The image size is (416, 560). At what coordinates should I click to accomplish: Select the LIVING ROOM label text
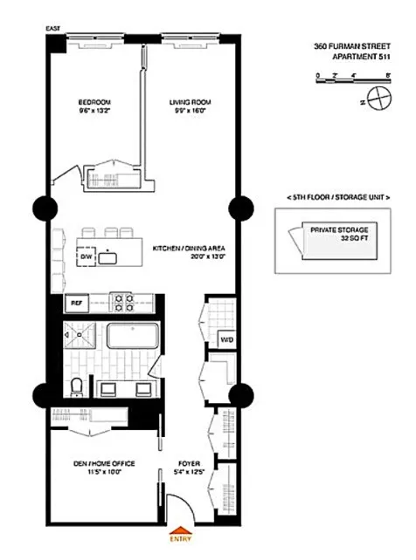click(190, 106)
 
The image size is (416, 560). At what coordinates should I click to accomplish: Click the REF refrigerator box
click(77, 304)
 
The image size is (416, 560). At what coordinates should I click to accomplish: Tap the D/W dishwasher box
click(87, 258)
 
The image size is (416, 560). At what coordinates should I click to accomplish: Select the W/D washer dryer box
click(225, 338)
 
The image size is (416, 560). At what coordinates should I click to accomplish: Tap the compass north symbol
click(378, 101)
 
